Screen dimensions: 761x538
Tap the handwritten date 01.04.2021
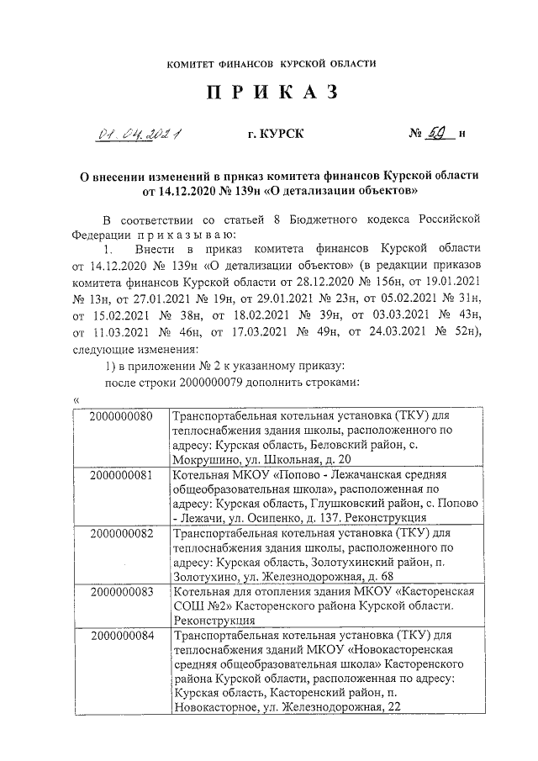click(x=141, y=133)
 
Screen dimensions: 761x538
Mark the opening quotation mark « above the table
click(x=77, y=399)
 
